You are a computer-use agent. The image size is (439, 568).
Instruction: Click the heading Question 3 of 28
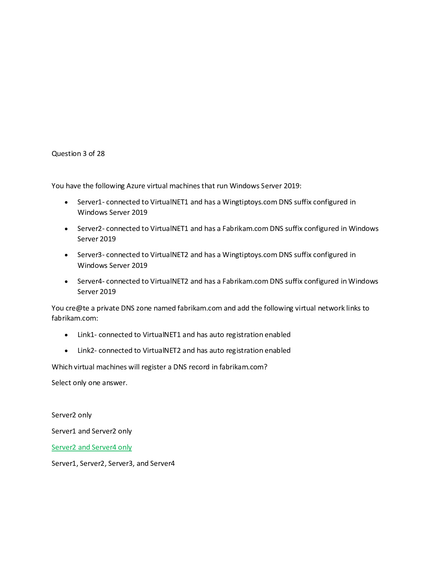pos(78,153)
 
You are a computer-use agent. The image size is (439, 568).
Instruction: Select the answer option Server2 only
pos(71,415)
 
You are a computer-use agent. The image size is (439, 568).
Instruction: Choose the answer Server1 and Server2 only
pos(91,431)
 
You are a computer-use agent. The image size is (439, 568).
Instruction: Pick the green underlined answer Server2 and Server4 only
pos(91,447)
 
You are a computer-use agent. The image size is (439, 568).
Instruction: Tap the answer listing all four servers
pos(113,463)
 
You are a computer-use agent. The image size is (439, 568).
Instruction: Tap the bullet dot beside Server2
pos(66,229)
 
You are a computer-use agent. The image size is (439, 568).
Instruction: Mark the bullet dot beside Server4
pos(66,281)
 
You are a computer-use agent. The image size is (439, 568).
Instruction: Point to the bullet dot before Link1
pos(66,335)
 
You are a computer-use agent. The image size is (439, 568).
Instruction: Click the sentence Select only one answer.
pos(89,383)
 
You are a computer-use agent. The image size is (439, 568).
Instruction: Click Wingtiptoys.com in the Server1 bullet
pos(250,202)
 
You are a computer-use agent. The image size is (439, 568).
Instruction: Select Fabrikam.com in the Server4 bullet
pos(245,281)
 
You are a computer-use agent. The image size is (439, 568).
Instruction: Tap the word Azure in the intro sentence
pos(136,186)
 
